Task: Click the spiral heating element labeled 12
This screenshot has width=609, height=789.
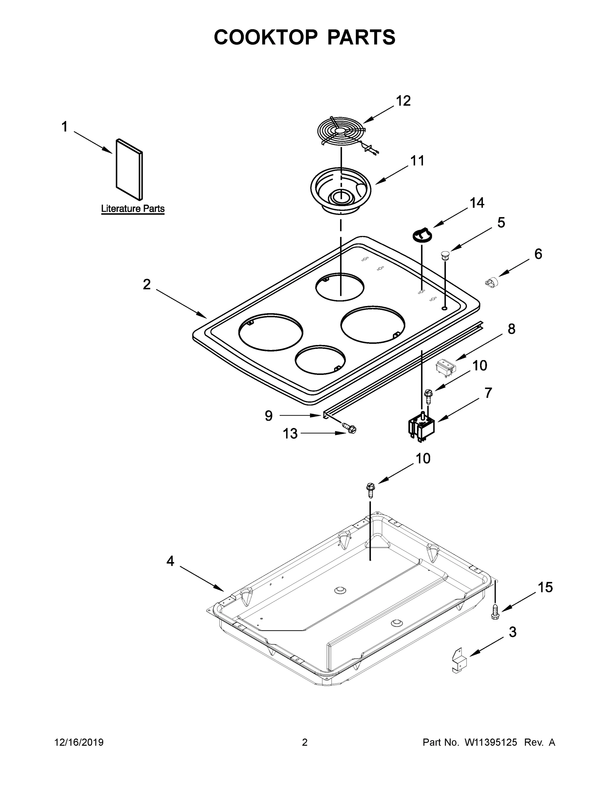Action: pos(340,132)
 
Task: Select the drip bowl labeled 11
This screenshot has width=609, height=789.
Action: pos(340,190)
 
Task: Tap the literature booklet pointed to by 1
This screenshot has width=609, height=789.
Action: pos(129,169)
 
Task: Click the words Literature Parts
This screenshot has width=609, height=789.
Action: pos(133,208)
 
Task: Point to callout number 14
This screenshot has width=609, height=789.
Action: pos(477,203)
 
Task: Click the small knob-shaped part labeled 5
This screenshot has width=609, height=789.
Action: pos(445,254)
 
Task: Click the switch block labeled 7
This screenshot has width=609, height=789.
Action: pos(421,428)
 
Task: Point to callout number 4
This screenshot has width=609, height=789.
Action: pos(170,561)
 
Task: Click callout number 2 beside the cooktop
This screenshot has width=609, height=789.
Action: pos(146,284)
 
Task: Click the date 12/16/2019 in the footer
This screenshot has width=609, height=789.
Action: pos(79,742)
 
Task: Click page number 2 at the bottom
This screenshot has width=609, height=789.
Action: pos(305,742)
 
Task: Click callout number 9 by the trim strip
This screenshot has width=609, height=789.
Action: pos(269,416)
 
